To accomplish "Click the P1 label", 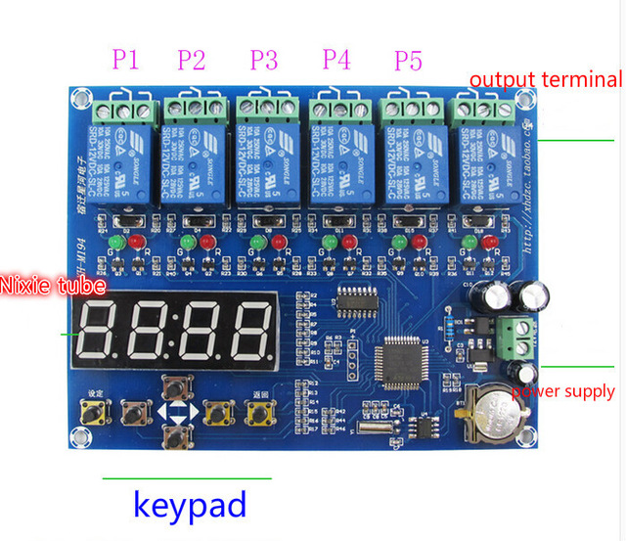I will tap(125, 60).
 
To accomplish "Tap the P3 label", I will tap(263, 60).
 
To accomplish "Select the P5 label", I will tap(408, 60).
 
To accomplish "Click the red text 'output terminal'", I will tap(545, 79).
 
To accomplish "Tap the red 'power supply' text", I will tap(562, 391).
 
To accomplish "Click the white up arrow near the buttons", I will tap(177, 412).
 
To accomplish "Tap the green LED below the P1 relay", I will tap(114, 241).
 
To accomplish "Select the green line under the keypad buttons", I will tap(187, 478).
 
